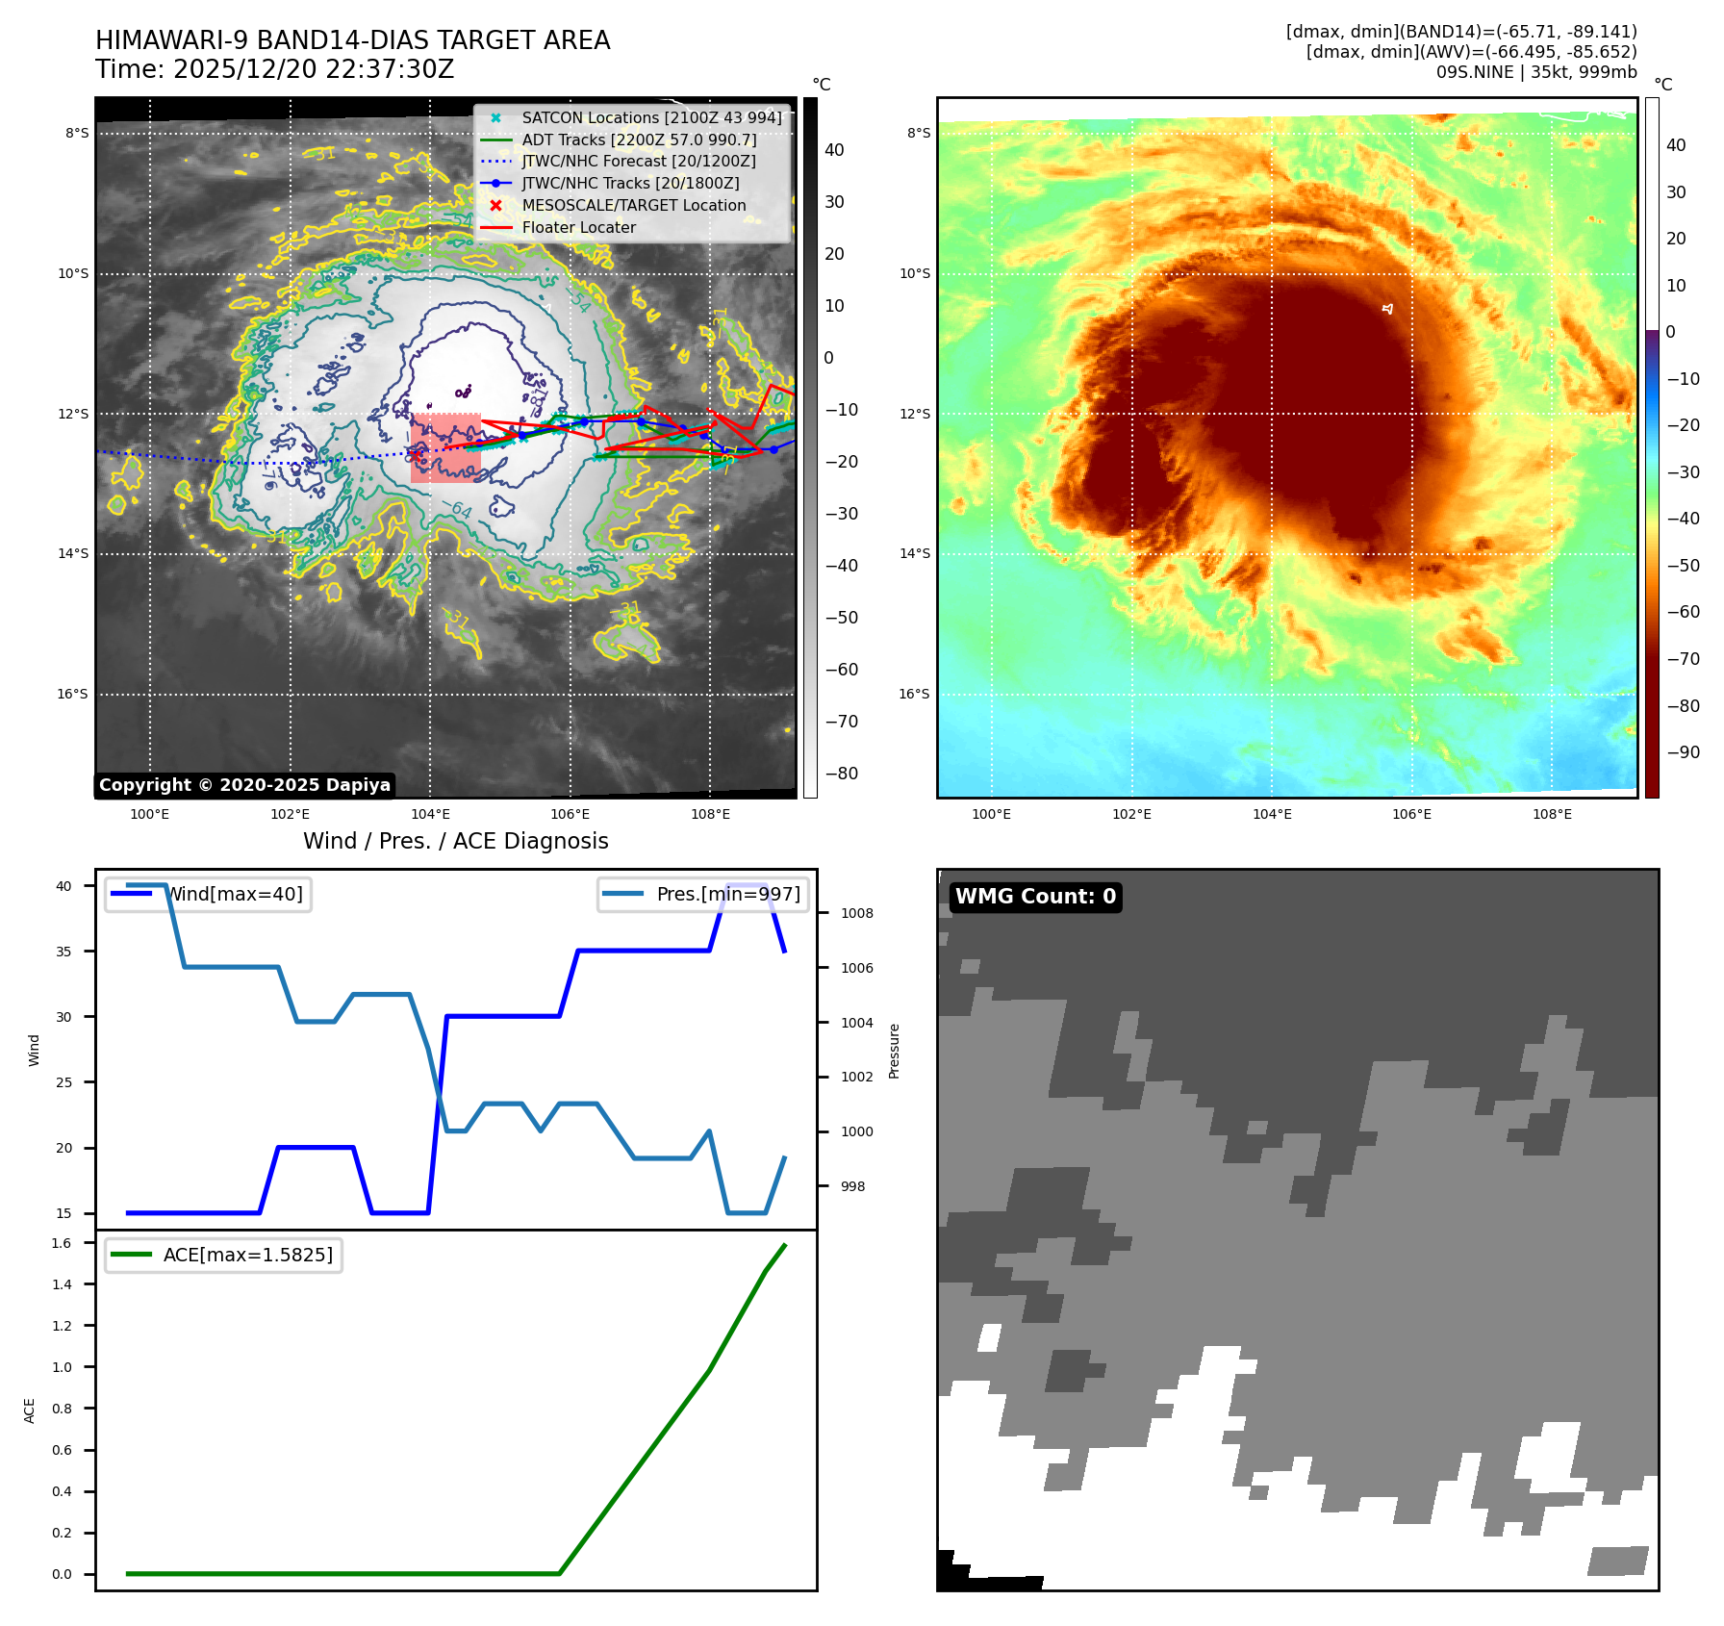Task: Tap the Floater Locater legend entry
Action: [578, 227]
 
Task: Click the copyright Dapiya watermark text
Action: [244, 785]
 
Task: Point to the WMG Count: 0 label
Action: [1035, 897]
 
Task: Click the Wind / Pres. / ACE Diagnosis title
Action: [455, 841]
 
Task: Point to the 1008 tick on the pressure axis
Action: [856, 913]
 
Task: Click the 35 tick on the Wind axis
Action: [63, 952]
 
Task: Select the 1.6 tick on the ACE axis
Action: [62, 1243]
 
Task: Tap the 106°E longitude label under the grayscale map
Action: [570, 814]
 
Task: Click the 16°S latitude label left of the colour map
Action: [914, 694]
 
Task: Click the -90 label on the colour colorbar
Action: [1683, 752]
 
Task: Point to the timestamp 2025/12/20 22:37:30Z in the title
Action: [274, 69]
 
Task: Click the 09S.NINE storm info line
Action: [1535, 72]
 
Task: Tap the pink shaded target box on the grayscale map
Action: [445, 448]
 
